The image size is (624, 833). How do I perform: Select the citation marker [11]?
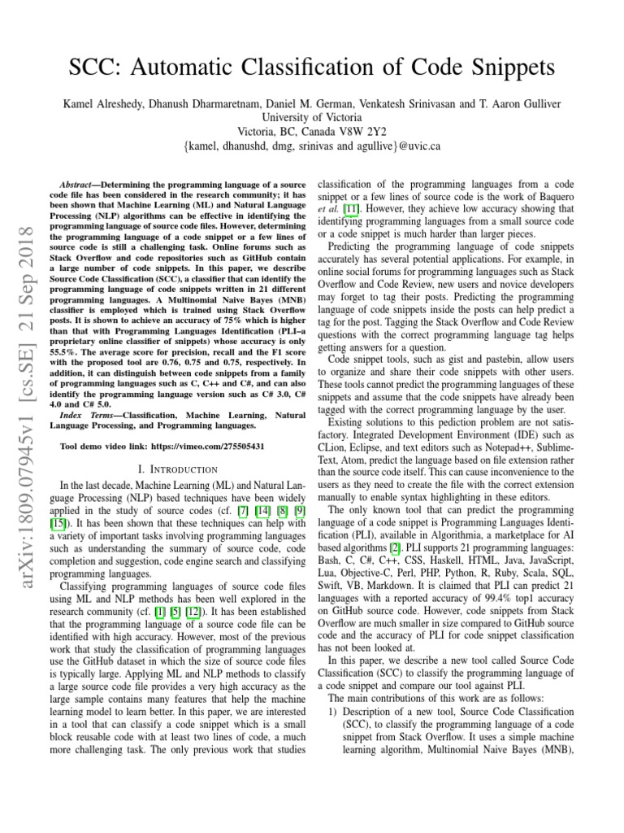pyautogui.click(x=352, y=210)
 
